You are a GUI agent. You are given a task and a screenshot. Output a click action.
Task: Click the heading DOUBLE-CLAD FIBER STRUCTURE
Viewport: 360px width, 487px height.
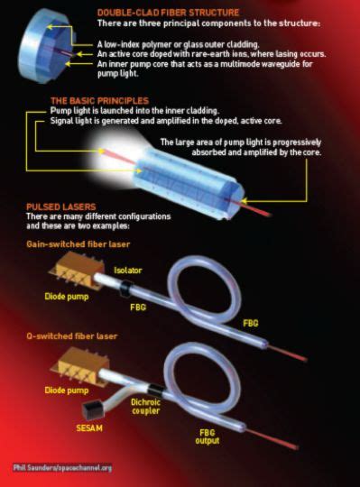168,13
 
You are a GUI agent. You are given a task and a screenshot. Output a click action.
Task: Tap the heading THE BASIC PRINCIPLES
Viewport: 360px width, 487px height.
100,101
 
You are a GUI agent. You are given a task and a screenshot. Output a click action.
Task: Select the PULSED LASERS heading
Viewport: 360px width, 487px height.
61,207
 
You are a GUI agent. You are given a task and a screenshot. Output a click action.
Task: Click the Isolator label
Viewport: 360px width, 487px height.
128,271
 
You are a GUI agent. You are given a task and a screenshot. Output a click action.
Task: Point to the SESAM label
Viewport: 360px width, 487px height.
89,428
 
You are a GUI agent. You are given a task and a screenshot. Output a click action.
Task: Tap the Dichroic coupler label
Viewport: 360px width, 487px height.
145,407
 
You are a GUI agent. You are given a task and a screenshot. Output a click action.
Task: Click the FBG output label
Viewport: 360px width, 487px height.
208,436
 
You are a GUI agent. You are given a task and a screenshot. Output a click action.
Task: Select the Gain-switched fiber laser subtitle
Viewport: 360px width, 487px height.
78,244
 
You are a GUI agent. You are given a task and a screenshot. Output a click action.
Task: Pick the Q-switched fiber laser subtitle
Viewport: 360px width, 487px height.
72,336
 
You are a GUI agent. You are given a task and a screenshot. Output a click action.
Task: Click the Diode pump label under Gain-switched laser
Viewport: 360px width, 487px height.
67,297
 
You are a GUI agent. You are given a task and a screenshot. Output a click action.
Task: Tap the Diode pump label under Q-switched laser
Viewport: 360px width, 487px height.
67,391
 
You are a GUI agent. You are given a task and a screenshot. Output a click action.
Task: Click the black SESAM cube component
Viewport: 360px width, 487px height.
93,411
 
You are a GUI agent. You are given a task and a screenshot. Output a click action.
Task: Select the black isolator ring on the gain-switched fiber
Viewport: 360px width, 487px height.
126,289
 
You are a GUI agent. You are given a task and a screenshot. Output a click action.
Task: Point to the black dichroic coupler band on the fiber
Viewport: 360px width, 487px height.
156,391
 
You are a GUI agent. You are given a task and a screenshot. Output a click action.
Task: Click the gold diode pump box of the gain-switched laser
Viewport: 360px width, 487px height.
77,271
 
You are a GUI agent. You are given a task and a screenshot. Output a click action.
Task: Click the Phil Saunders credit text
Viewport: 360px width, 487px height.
62,467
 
